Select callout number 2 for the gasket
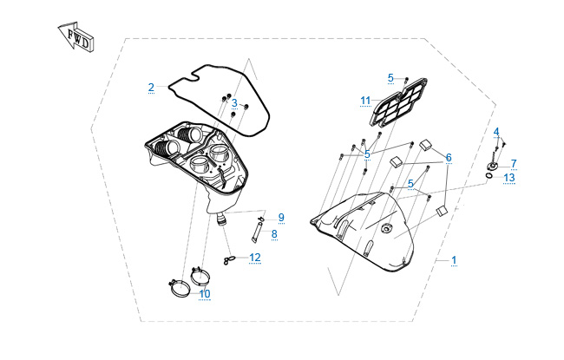pyautogui.click(x=151, y=88)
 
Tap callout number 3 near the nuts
pyautogui.click(x=234, y=103)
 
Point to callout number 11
pyautogui.click(x=365, y=101)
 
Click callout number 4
pyautogui.click(x=496, y=132)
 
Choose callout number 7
pyautogui.click(x=514, y=164)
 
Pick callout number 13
pyautogui.click(x=509, y=178)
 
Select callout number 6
pyautogui.click(x=449, y=158)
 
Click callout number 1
pyautogui.click(x=454, y=260)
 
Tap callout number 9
pyautogui.click(x=281, y=218)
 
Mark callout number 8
pyautogui.click(x=274, y=234)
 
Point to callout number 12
pyautogui.click(x=255, y=258)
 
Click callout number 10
pyautogui.click(x=205, y=294)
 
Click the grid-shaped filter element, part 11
pyautogui.click(x=398, y=102)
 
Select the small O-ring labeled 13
pyautogui.click(x=489, y=175)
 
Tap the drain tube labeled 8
pyautogui.click(x=257, y=232)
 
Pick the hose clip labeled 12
pyautogui.click(x=229, y=259)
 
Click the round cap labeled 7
pyautogui.click(x=492, y=167)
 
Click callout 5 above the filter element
pyautogui.click(x=390, y=78)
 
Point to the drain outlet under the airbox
pyautogui.click(x=221, y=219)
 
